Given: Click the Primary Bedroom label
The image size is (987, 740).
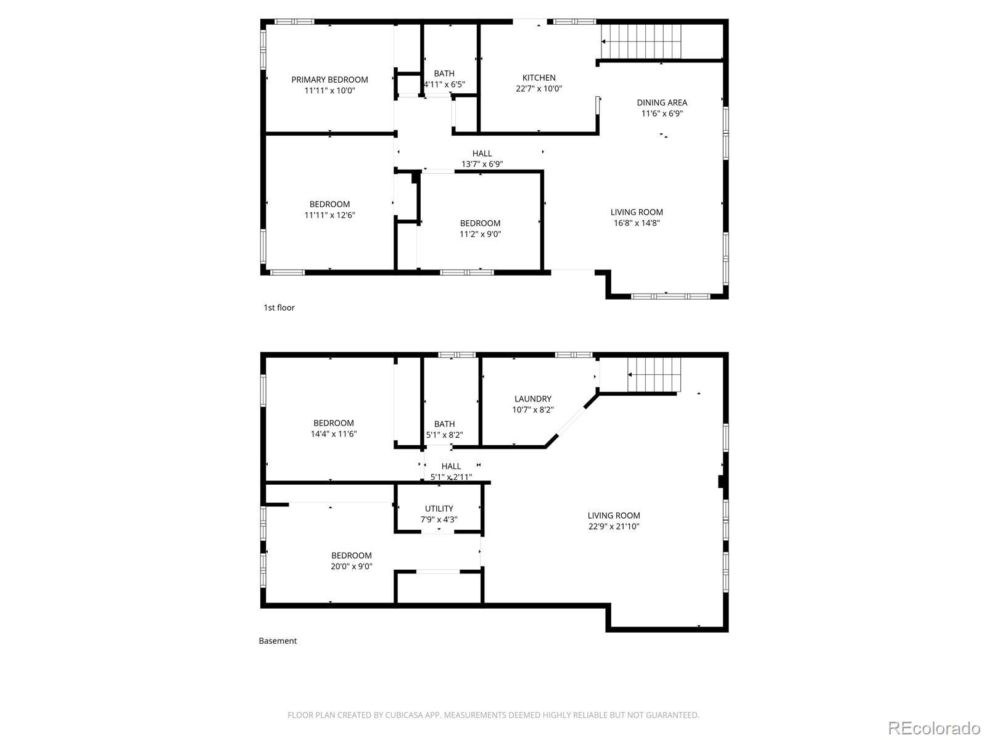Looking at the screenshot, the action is click(329, 80).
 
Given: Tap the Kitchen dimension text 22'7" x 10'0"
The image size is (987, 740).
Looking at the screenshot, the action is click(539, 89).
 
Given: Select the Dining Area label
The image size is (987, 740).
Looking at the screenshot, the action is click(662, 102).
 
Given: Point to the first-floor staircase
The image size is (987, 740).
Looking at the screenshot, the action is click(641, 41).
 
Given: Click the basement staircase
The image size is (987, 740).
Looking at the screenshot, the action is click(655, 375).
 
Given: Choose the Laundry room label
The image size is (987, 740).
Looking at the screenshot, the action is click(533, 398).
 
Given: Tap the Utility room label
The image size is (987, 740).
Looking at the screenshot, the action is click(439, 508).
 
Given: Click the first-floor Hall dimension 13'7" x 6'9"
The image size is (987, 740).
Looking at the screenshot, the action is click(482, 164).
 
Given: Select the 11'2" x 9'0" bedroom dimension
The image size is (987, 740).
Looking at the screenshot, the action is click(480, 234).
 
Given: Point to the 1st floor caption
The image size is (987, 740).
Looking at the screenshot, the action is click(279, 307).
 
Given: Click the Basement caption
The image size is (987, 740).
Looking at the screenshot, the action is click(278, 641).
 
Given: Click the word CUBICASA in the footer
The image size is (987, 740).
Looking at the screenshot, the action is click(402, 715).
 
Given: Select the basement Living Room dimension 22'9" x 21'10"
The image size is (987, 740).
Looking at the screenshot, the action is click(614, 526).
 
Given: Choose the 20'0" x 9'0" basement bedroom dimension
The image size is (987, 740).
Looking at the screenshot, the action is click(351, 566).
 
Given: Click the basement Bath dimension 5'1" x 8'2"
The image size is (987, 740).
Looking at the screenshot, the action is click(444, 435).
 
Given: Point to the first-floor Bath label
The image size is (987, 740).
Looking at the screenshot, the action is click(444, 73).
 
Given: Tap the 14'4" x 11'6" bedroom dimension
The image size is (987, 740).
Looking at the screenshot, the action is click(333, 434).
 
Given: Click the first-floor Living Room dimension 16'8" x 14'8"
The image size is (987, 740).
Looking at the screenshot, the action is click(636, 223).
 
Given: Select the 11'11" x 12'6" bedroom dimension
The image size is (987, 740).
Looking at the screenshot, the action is click(329, 215).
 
